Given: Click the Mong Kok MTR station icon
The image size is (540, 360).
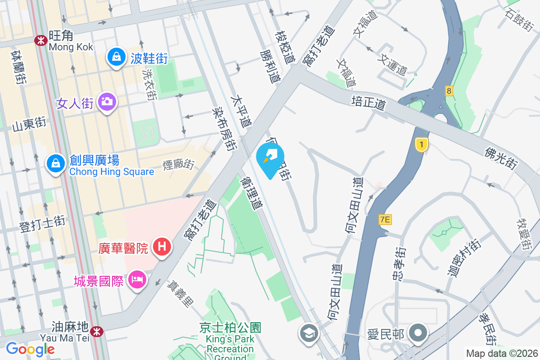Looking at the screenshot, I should coord(41,40).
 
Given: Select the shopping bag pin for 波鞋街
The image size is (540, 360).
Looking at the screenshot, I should coord(117,57).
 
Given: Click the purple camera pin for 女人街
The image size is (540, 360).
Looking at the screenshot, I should coord(107,102).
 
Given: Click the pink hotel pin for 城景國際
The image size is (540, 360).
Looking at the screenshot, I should coord(136,280).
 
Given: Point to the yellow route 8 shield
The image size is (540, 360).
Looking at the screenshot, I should coord(449,90).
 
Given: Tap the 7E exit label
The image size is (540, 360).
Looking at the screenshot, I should coord(386,220).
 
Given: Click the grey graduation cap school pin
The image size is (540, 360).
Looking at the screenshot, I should coord(309,333).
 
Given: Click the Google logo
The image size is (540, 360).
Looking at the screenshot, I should coord(30,349).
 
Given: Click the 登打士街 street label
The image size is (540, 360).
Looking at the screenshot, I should coord(43,224).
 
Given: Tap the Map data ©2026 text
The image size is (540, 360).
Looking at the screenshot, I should coord(501,353).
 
